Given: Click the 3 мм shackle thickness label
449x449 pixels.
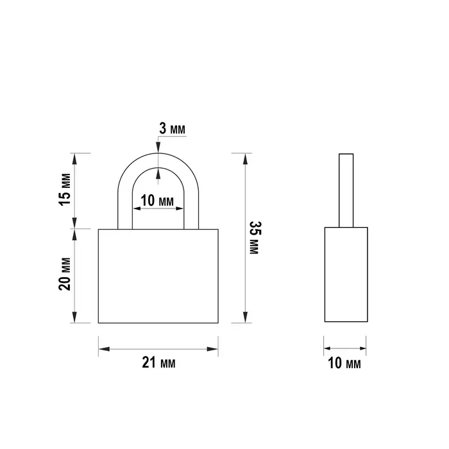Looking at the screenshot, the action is tap(172, 128).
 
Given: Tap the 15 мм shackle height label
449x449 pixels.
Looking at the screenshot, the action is tap(65, 189).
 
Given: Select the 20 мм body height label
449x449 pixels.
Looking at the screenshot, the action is tap(65, 274).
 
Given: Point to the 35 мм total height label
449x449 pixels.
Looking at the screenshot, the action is tap(254, 238).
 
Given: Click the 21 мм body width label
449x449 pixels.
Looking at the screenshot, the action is tap(158, 363).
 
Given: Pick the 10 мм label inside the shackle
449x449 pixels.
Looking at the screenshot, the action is tap(157, 200).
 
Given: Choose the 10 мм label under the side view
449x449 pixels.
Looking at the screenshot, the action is tap(344, 363).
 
